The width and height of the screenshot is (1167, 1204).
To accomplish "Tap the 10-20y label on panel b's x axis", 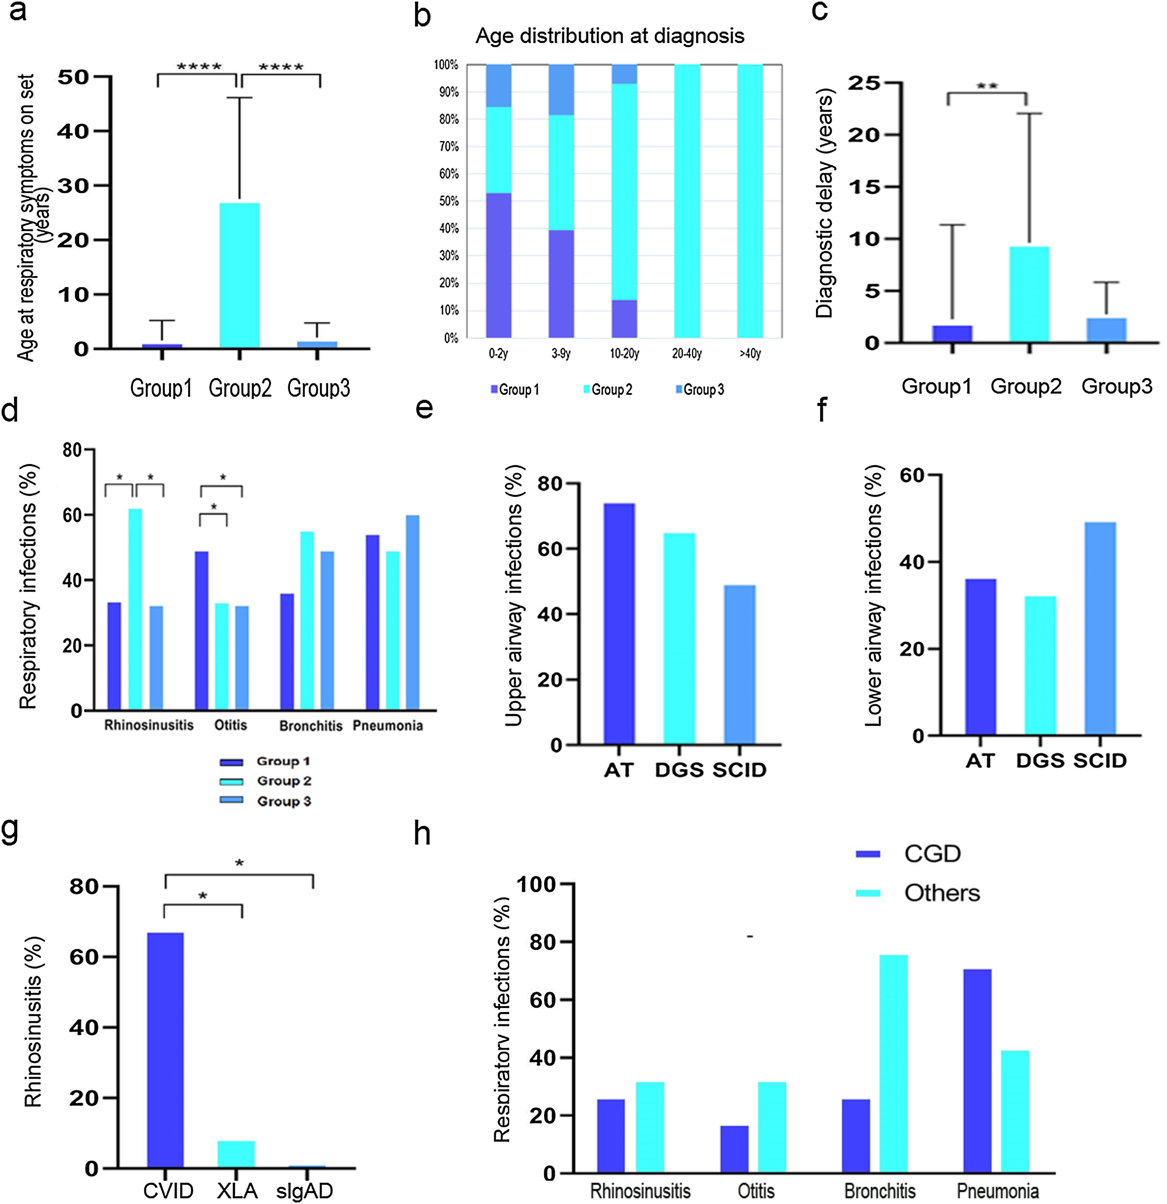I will tap(624, 354).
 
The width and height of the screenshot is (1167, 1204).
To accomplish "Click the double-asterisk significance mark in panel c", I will tap(987, 87).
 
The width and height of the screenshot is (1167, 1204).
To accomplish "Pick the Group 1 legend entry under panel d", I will tap(265, 762).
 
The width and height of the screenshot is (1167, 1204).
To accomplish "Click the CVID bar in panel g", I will tap(165, 1050).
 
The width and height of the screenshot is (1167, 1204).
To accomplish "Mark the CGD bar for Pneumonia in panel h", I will tap(977, 1071).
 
